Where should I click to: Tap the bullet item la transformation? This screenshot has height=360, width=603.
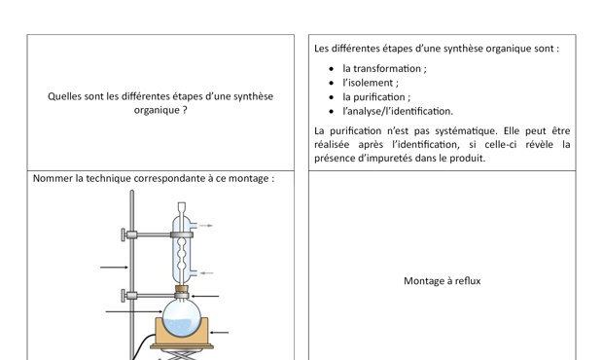tap(384, 68)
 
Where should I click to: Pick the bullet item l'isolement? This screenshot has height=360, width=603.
tap(371, 83)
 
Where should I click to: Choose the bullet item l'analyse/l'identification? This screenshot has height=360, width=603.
tap(398, 111)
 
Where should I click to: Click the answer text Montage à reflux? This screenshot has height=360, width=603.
tap(443, 281)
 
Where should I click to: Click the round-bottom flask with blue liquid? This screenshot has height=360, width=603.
tap(182, 318)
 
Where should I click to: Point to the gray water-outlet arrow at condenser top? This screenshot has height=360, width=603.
tap(206, 226)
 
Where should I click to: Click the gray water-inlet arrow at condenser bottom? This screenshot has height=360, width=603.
tap(206, 273)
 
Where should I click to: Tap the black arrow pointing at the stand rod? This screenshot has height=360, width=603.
tap(114, 268)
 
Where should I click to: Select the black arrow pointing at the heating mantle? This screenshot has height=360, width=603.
tap(220, 333)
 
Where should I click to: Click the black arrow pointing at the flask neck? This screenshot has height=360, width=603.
tap(205, 296)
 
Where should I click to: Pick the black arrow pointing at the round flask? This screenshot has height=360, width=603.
tap(134, 311)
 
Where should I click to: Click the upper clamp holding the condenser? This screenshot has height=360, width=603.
tap(157, 234)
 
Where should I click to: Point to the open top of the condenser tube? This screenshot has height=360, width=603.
tap(182, 204)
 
